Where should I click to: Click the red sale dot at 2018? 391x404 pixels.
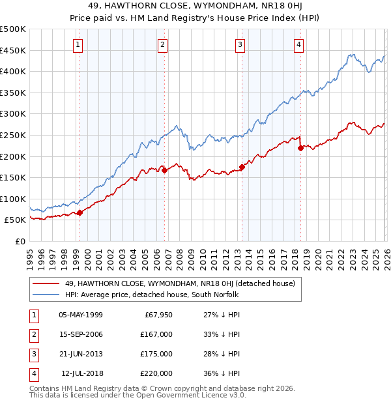coord(300,148)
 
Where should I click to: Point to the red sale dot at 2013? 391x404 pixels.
coord(242,167)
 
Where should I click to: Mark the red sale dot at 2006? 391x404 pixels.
coord(164,171)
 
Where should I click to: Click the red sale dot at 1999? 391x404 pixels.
coord(80,212)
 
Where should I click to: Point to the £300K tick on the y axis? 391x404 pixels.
coord(13,114)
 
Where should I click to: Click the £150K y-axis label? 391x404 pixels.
coord(13,178)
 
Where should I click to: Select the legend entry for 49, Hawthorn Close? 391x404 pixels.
coord(180,283)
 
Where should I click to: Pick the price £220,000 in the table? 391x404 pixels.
coord(156,373)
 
